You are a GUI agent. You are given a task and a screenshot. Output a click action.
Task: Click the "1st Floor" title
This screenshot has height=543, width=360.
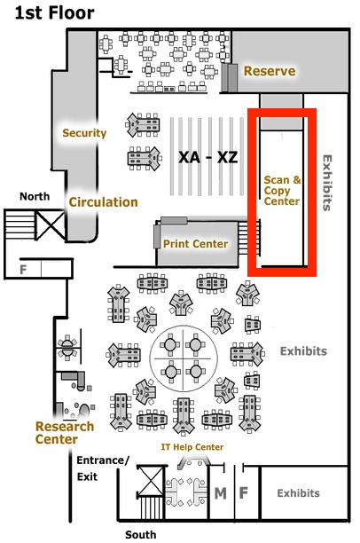55,13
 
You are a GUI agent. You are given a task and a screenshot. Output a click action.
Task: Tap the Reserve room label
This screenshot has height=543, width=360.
270,71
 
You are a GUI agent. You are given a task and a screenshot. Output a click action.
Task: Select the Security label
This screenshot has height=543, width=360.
84,133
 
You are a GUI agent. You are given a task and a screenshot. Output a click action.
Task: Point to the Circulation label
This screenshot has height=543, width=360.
103,202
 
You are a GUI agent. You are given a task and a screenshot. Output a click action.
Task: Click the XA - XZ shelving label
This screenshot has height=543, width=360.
208,158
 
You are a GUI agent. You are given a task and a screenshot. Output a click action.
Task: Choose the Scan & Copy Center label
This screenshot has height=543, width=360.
282,191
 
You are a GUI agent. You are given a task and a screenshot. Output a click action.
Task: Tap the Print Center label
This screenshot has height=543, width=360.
196,244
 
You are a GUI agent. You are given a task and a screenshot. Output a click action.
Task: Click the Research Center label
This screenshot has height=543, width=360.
65,432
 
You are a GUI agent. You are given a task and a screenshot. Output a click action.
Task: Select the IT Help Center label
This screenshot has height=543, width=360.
192,447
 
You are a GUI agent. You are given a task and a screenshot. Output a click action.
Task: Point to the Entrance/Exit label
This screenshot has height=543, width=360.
103,468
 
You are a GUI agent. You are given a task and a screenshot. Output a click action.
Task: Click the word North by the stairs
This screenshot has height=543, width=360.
35,196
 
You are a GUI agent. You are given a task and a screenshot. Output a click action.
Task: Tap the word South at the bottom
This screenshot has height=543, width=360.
140,534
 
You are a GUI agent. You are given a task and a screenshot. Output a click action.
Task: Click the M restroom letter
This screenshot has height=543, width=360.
221,493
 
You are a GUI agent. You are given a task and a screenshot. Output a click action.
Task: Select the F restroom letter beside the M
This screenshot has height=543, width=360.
244,492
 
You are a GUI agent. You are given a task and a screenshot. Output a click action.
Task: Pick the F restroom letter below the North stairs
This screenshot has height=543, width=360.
23,270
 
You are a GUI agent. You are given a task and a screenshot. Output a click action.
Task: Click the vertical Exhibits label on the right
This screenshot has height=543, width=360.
327,183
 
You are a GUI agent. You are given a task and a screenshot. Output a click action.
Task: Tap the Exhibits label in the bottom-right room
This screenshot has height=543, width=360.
299,493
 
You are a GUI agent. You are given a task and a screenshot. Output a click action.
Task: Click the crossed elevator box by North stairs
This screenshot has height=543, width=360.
51,224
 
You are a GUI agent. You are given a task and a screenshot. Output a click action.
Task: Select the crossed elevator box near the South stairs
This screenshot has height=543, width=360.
152,481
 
